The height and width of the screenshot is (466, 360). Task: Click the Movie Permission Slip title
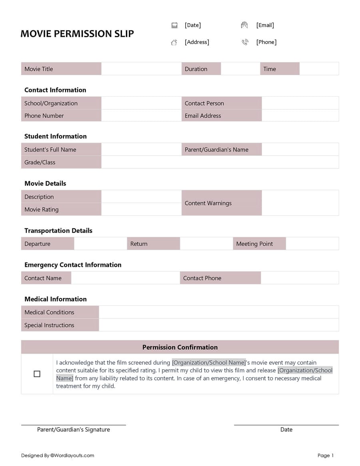click(x=77, y=34)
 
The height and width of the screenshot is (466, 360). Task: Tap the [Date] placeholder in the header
click(x=193, y=25)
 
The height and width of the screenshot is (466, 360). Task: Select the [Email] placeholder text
click(x=265, y=25)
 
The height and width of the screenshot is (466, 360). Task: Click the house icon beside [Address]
click(x=174, y=42)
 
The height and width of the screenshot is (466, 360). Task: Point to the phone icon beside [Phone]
click(x=245, y=42)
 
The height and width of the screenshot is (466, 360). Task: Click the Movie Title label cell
click(x=61, y=69)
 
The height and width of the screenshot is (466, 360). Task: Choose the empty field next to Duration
click(x=240, y=69)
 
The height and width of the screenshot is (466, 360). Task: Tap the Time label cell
click(x=280, y=69)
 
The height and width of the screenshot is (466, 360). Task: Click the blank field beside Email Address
click(x=300, y=116)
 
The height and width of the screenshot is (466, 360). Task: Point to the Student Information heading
click(x=56, y=136)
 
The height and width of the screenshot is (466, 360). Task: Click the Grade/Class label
click(x=40, y=162)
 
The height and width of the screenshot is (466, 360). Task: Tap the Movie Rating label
click(x=42, y=210)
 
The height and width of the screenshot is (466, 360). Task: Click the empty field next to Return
click(x=206, y=244)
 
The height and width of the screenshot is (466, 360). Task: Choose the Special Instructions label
click(x=49, y=325)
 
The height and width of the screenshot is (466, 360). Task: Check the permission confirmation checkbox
click(x=37, y=374)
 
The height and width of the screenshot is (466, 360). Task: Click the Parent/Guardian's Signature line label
click(x=74, y=430)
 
